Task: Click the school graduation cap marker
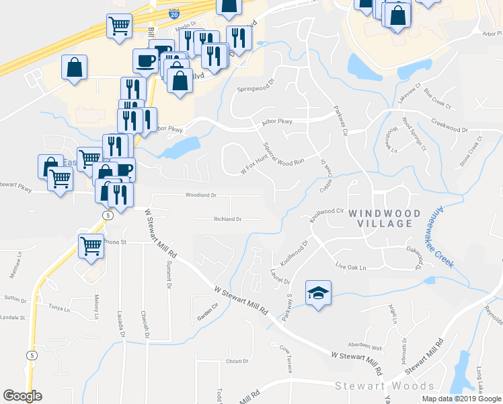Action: point(318,292)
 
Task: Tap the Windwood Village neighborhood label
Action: point(384,218)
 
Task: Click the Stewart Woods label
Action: point(385,386)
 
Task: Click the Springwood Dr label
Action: point(256,88)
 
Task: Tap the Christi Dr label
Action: point(237,362)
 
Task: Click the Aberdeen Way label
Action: point(367,348)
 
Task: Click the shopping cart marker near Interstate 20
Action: point(119,26)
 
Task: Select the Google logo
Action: point(22,396)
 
